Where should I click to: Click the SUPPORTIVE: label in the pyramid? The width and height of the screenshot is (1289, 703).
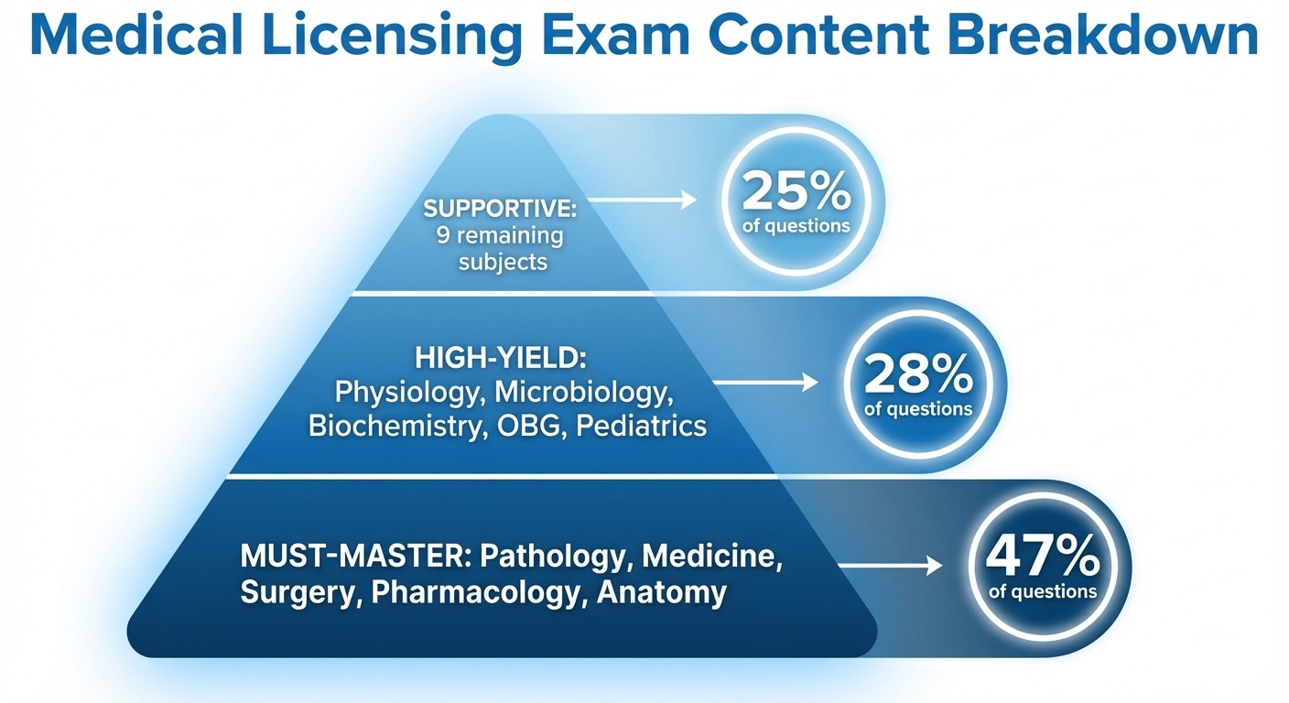(x=499, y=208)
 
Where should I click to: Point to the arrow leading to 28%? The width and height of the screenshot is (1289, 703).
(x=765, y=383)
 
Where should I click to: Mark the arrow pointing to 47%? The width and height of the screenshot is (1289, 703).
(x=889, y=567)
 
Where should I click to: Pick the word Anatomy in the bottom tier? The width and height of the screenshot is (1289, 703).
(x=661, y=592)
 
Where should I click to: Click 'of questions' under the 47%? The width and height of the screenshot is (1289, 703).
(x=1043, y=591)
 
